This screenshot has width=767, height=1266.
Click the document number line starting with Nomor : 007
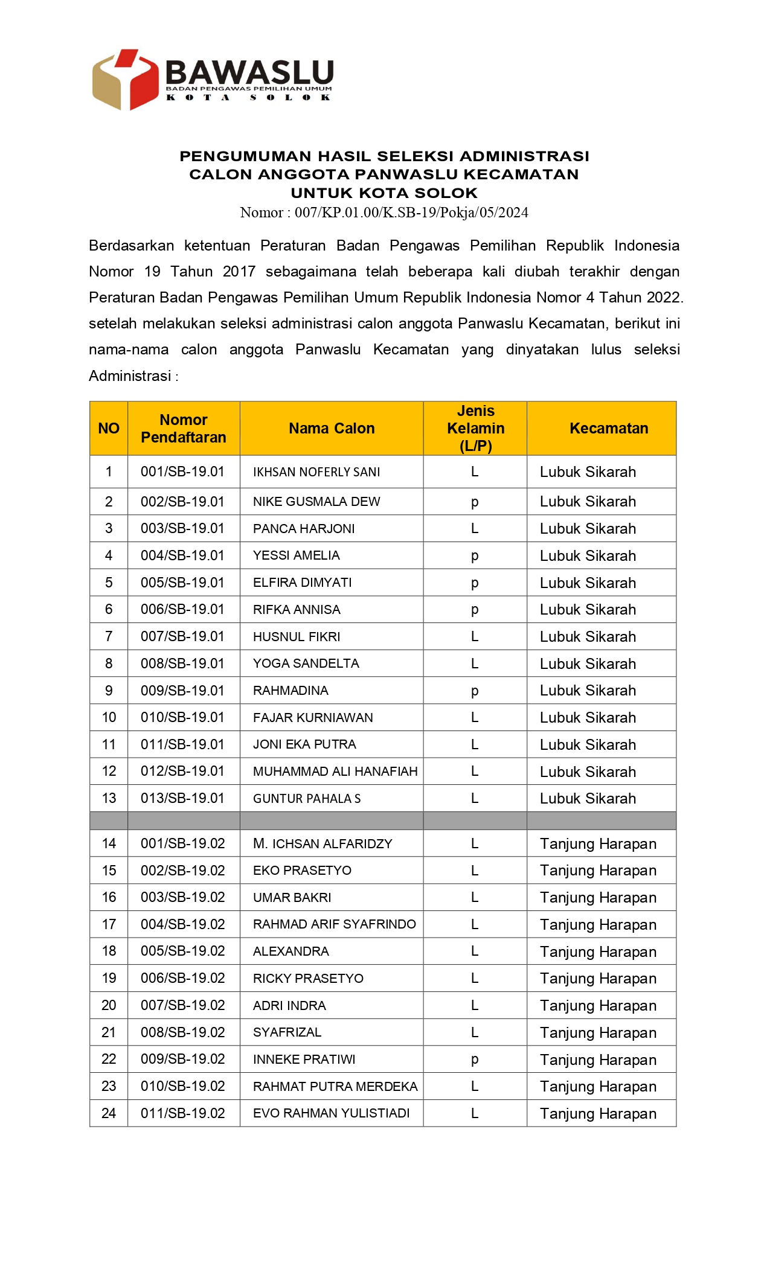pos(383,213)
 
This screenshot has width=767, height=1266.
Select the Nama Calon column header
pos(332,428)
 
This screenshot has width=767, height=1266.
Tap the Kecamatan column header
pos(608,428)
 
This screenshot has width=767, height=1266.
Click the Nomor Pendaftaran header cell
pos(184,429)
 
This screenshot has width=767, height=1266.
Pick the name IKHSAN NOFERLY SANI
pos(316,472)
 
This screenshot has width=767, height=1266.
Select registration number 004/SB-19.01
pos(182,555)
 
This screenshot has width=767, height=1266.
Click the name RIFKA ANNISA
pos(297,610)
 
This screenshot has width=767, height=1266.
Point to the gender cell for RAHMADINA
pos(475,691)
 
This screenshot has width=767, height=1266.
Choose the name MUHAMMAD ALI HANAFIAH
pos(335,772)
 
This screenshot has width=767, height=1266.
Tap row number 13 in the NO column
pos(109,799)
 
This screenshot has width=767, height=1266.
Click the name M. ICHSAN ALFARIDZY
pos(323,844)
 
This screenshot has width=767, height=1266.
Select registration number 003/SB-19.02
pos(182,898)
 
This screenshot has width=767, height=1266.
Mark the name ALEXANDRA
pos(291,951)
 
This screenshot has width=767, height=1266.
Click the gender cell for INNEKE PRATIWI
pos(475,1060)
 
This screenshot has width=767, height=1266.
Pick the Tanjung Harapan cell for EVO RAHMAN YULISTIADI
pos(598,1113)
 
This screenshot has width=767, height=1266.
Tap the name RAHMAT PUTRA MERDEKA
pos(335,1087)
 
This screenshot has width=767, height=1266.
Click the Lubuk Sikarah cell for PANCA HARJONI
pos(588,529)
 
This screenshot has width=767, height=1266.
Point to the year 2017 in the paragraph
pos(239,272)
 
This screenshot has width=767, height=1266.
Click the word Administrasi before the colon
pos(130,376)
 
